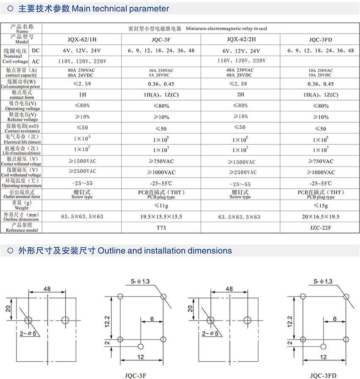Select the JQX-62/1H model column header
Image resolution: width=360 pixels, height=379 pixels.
click(x=82, y=39)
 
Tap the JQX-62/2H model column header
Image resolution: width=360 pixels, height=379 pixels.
click(x=240, y=39)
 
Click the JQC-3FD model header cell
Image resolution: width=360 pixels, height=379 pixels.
click(x=321, y=39)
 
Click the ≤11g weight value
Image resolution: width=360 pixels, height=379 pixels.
click(x=161, y=206)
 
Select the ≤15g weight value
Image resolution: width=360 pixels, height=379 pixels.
click(x=321, y=206)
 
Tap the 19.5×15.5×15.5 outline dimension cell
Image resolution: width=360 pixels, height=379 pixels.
click(x=161, y=217)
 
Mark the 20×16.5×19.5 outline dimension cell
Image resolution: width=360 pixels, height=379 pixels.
click(x=321, y=217)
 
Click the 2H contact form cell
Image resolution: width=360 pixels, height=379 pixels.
click(x=240, y=95)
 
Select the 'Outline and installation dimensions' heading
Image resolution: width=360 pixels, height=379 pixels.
click(x=165, y=251)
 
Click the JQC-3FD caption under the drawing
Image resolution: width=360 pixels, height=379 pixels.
click(x=323, y=375)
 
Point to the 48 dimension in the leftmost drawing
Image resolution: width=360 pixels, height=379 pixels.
click(x=47, y=289)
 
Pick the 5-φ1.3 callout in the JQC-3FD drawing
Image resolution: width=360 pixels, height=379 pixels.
click(x=323, y=281)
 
